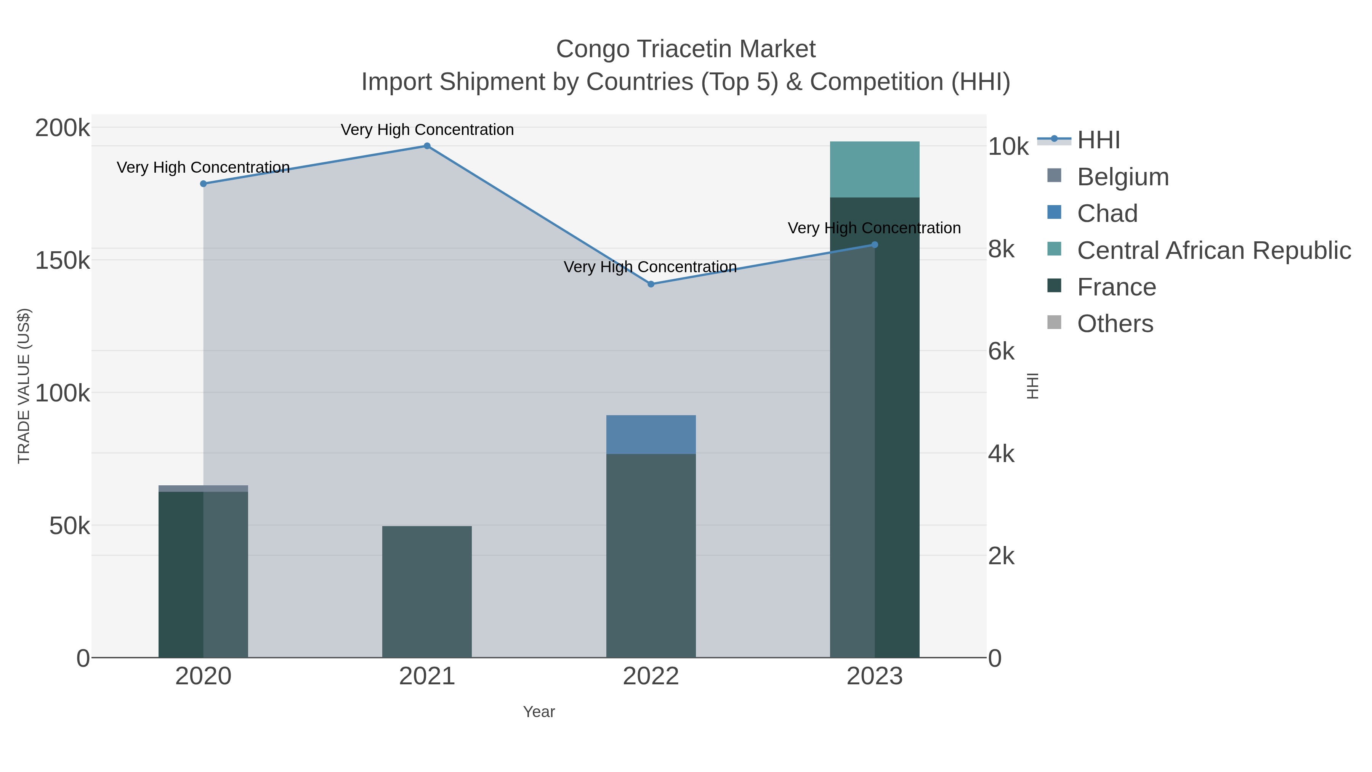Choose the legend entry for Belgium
1122,177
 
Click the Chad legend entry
1107,213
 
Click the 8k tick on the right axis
1001,249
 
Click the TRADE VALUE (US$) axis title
24,386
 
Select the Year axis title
539,712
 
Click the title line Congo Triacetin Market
686,49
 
